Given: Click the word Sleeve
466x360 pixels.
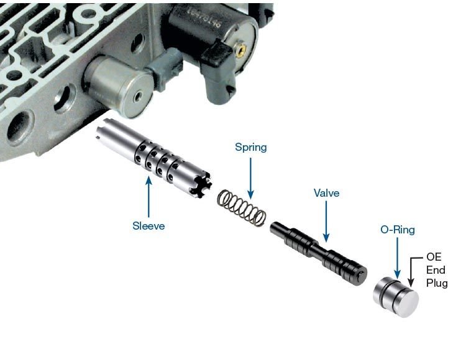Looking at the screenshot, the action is click(148, 226).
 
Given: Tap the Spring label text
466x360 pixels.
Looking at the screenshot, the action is click(251, 148).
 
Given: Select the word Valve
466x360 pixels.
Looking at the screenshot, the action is click(326, 193).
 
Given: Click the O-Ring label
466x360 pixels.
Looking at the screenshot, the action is click(398, 230).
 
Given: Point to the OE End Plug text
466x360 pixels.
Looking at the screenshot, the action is click(437, 270).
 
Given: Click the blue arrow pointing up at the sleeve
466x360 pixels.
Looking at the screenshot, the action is click(148, 197).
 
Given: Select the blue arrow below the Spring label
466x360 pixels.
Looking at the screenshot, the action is click(250, 178).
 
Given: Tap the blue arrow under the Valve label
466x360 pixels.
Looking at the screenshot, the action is click(326, 222).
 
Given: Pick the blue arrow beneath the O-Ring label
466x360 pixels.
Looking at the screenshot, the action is click(398, 258).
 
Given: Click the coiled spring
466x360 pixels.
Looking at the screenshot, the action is click(242, 208).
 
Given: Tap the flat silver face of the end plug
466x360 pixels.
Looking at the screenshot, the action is click(408, 304).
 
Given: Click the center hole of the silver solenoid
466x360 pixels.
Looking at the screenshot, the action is click(137, 97).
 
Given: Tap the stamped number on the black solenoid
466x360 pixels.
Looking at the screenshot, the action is click(204, 19).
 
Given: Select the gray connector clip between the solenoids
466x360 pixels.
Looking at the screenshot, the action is click(164, 70).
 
